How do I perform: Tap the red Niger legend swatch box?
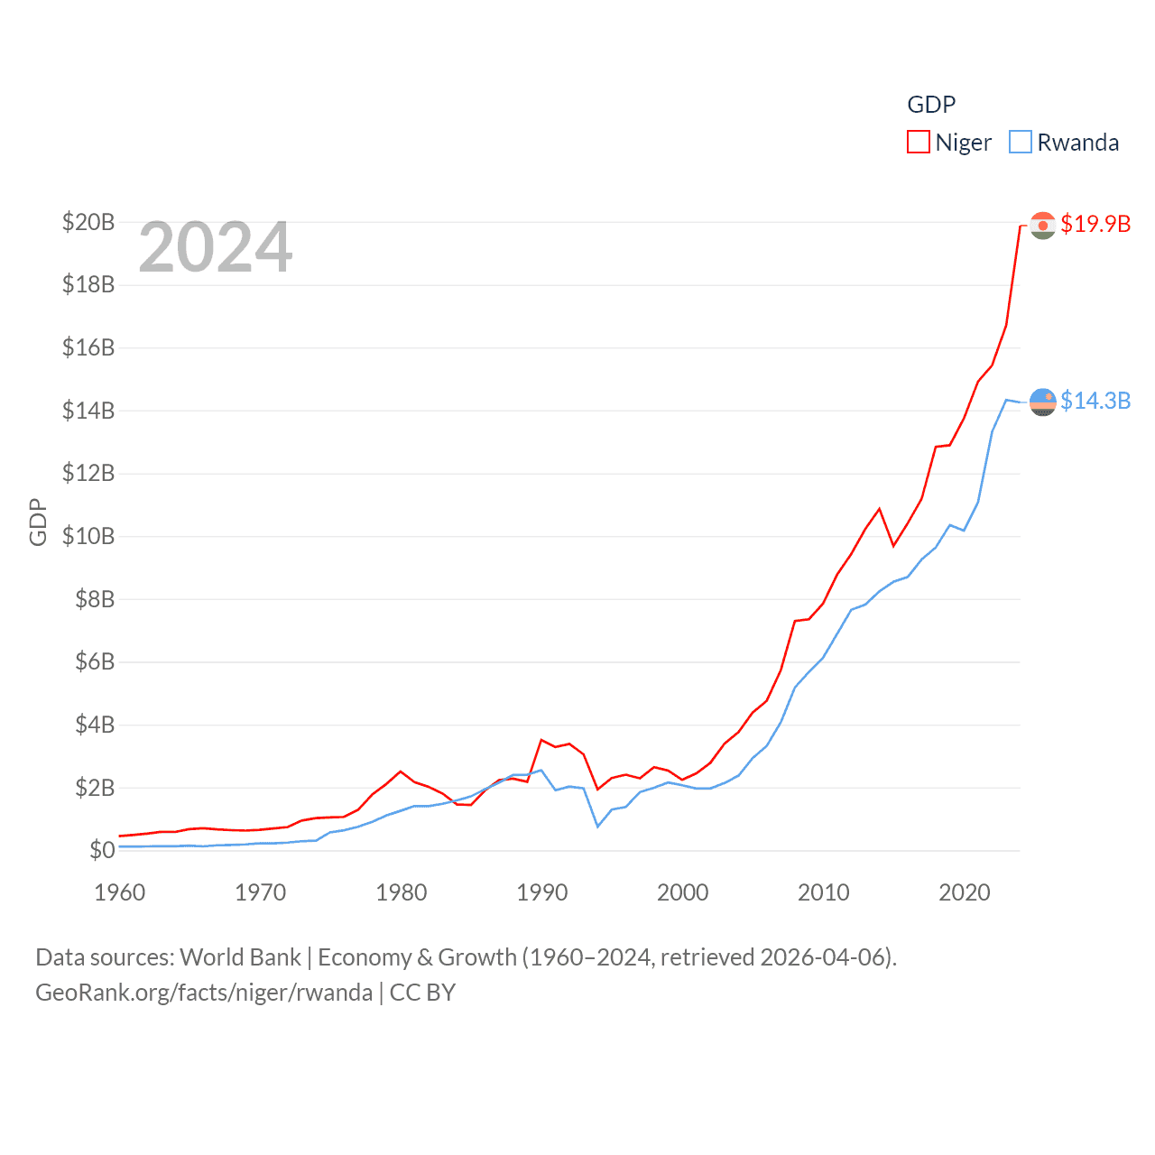pyautogui.click(x=919, y=143)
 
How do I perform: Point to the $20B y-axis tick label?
pyautogui.click(x=88, y=222)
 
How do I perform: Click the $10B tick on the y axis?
pyautogui.click(x=88, y=536)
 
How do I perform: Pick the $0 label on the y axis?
pyautogui.click(x=102, y=850)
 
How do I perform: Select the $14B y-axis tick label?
pyautogui.click(x=88, y=411)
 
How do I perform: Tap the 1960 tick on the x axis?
pyautogui.click(x=120, y=892)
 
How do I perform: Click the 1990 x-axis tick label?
pyautogui.click(x=542, y=892)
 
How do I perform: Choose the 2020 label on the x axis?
pyautogui.click(x=965, y=892)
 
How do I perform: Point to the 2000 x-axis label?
pyautogui.click(x=683, y=892)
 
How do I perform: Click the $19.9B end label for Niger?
pyautogui.click(x=1095, y=224)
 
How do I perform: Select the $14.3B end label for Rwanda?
pyautogui.click(x=1095, y=401)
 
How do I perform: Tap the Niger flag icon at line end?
pyautogui.click(x=1043, y=225)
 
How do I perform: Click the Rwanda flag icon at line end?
pyautogui.click(x=1043, y=402)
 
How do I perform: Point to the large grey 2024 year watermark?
pyautogui.click(x=216, y=247)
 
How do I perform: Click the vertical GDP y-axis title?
pyautogui.click(x=38, y=522)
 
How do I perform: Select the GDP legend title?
pyautogui.click(x=931, y=105)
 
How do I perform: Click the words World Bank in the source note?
pyautogui.click(x=241, y=956)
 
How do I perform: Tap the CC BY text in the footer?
pyautogui.click(x=422, y=993)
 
